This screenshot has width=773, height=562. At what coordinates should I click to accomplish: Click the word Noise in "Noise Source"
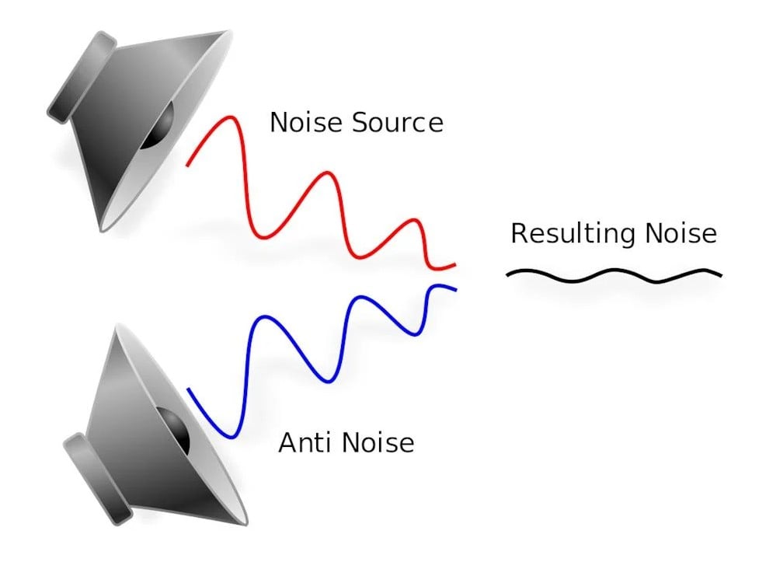pyautogui.click(x=304, y=123)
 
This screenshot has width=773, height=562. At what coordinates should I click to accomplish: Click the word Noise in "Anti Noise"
pyautogui.click(x=378, y=442)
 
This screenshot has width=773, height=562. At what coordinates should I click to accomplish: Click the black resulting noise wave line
pyautogui.click(x=614, y=274)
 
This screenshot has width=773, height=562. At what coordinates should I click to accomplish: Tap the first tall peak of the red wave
pyautogui.click(x=228, y=118)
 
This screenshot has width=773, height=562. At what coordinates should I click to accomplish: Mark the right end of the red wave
pyautogui.click(x=453, y=266)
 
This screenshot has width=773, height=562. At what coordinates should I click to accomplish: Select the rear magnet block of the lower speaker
pyautogui.click(x=97, y=478)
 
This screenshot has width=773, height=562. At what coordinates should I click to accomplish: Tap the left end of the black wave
pyautogui.click(x=508, y=274)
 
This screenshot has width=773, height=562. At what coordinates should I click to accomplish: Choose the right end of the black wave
pyautogui.click(x=720, y=274)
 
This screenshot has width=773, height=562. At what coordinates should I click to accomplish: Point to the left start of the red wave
pyautogui.click(x=188, y=165)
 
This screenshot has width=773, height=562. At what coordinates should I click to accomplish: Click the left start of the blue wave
pyautogui.click(x=189, y=389)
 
